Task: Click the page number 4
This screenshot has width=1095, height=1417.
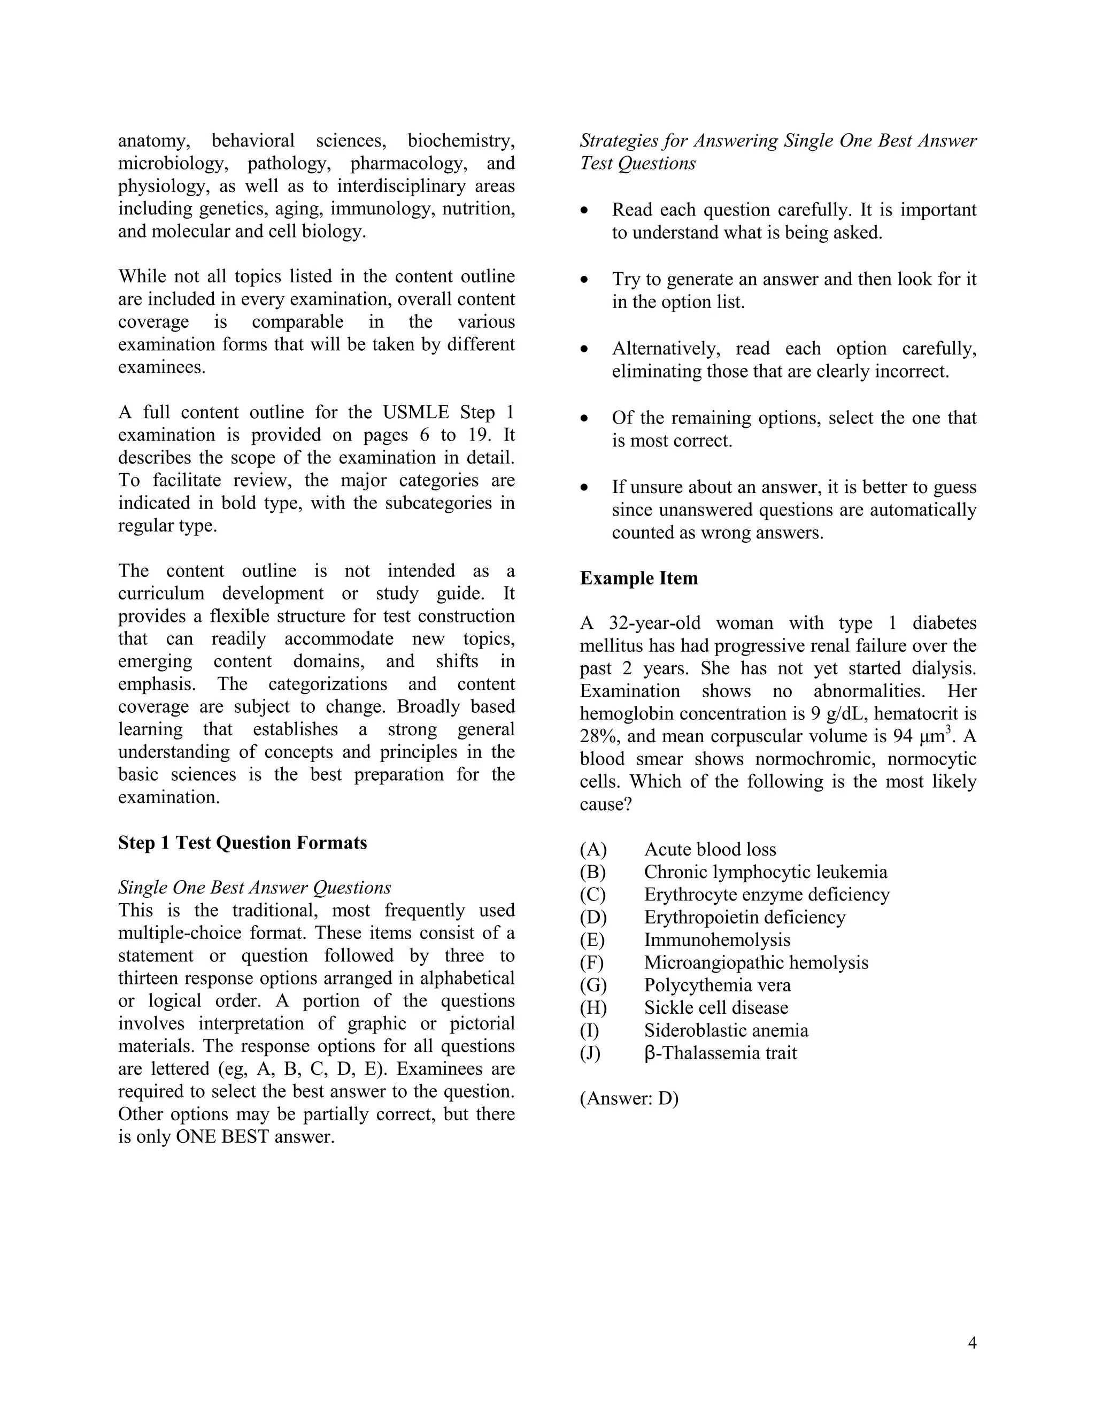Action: [x=971, y=1343]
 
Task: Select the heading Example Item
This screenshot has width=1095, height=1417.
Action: [x=638, y=578]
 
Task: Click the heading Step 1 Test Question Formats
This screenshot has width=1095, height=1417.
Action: [x=242, y=843]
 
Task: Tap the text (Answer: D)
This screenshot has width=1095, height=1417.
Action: [x=629, y=1098]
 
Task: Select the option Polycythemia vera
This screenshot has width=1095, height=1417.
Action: [x=717, y=985]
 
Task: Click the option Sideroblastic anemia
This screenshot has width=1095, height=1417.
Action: [x=726, y=1030]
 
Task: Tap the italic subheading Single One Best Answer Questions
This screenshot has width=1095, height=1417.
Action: [x=255, y=888]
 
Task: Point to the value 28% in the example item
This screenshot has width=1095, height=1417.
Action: [x=597, y=736]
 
